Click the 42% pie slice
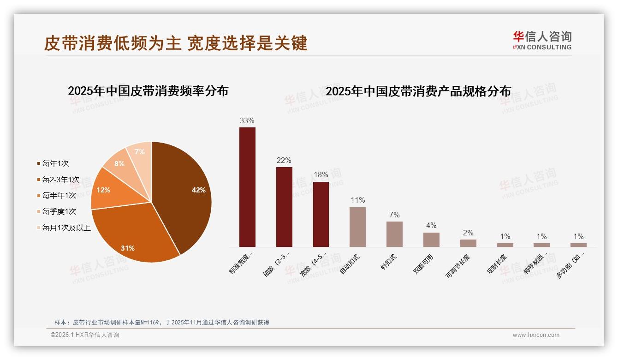point(184,194)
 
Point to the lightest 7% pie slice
point(139,152)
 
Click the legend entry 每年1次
point(55,163)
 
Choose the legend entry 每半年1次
point(59,196)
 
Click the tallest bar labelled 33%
point(247,187)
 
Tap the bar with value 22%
point(284,207)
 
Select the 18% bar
point(321,214)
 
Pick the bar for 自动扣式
point(357,227)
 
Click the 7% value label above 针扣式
point(394,215)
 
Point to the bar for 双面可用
point(431,240)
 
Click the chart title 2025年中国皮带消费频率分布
point(148,91)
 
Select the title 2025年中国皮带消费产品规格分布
point(418,91)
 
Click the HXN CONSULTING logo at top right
point(542,41)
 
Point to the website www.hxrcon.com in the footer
point(536,335)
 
